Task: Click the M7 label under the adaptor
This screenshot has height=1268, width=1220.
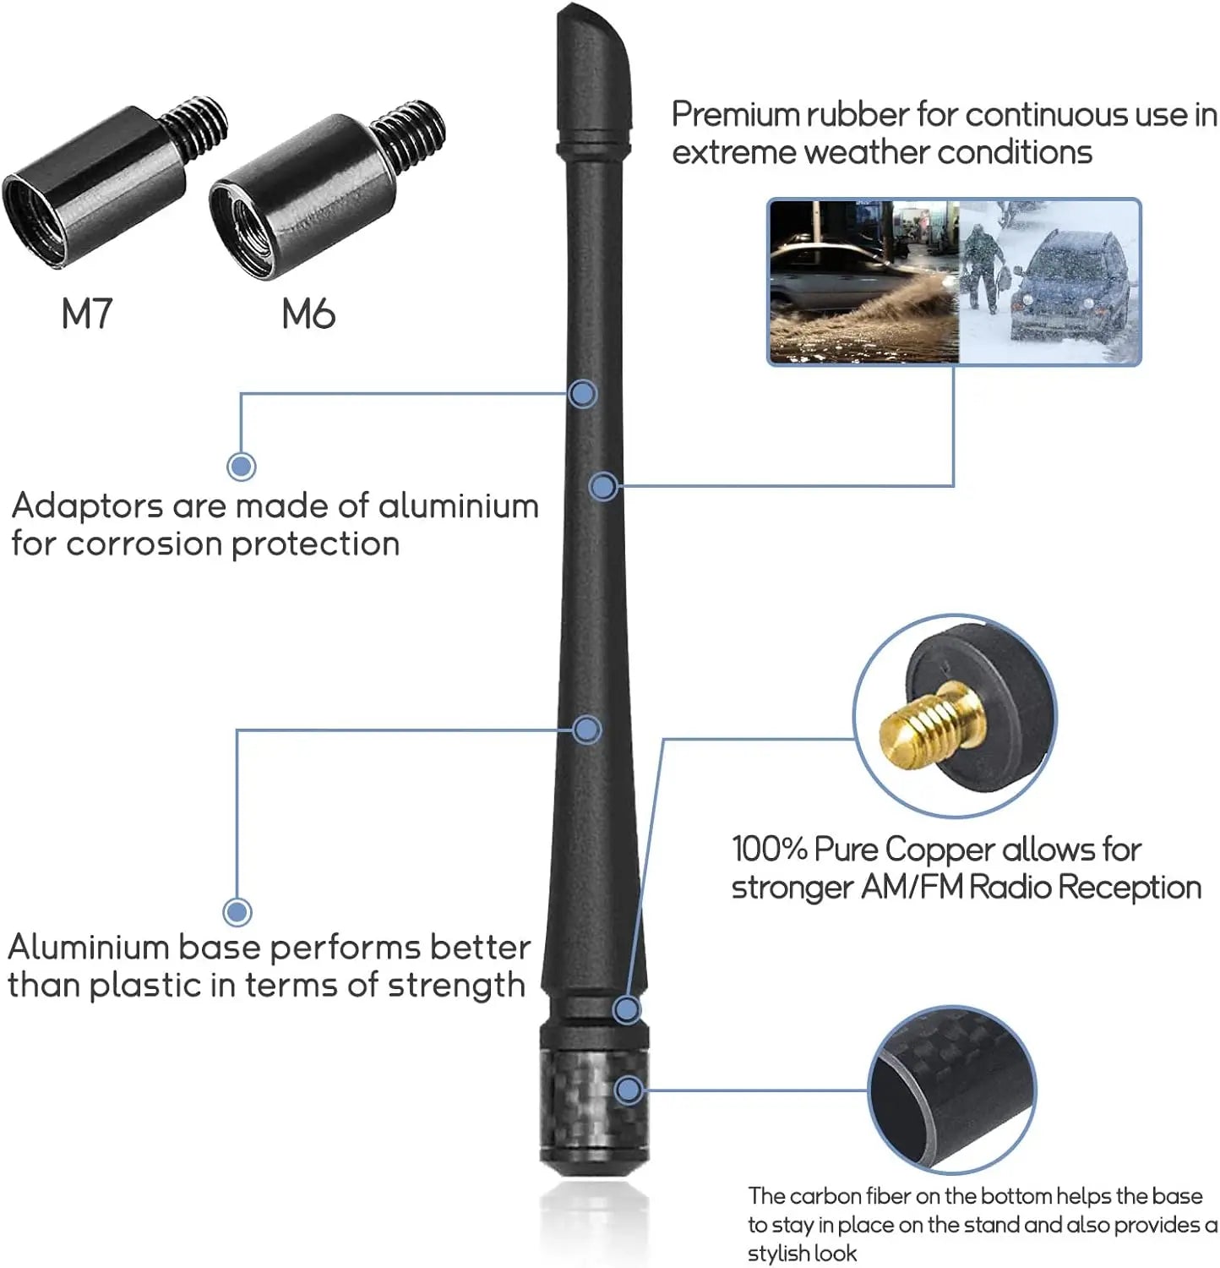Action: pos(86,314)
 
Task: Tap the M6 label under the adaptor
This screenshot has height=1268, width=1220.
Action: pos(308,314)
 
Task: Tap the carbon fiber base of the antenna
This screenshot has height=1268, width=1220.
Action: pos(594,1107)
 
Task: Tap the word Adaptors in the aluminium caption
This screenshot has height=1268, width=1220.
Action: pos(87,507)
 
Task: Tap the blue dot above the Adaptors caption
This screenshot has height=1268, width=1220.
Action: pos(242,466)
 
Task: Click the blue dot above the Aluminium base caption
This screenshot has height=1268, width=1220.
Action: pos(237,911)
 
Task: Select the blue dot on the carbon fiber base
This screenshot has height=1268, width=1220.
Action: pos(629,1090)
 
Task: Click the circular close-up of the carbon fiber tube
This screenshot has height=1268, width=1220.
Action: pos(952,1090)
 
